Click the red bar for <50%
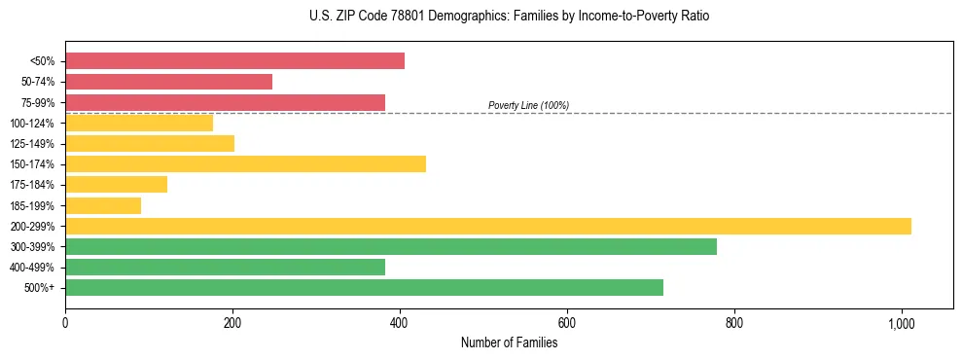coord(234,61)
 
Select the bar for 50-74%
coord(168,82)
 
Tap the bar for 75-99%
coord(225,102)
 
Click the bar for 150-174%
coord(245,163)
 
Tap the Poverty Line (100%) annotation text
coord(528,105)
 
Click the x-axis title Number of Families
coord(509,342)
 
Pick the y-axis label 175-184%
coord(32,185)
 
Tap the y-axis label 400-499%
coord(32,268)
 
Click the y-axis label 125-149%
coord(32,144)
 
